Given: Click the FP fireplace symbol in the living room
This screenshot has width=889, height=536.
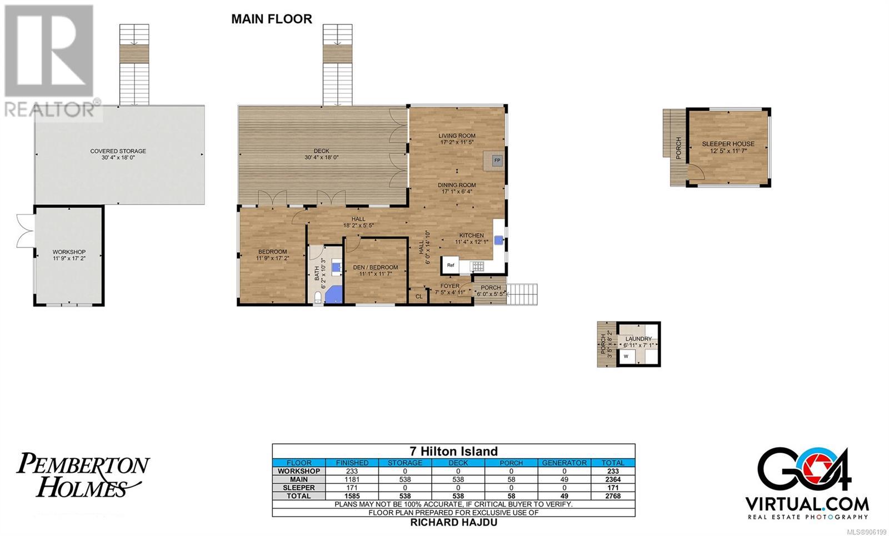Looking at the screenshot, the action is (497, 161).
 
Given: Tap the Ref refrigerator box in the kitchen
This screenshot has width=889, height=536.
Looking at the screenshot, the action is (451, 265).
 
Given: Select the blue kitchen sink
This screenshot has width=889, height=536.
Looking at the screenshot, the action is (498, 240).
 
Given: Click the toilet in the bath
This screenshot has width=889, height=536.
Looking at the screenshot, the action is (317, 298).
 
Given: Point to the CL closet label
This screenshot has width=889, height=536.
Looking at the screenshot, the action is (419, 297).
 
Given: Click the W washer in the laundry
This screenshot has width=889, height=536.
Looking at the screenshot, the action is (626, 356).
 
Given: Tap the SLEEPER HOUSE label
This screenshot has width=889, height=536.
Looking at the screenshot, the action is (728, 144).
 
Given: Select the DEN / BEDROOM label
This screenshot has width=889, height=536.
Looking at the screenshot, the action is (376, 267).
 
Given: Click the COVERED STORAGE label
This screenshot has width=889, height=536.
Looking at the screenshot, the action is (118, 151).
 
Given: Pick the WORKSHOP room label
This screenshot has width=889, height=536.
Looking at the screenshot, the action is (69, 252).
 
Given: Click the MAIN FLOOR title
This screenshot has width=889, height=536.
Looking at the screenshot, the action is (272, 19).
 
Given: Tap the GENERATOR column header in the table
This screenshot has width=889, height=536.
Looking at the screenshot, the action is (564, 463).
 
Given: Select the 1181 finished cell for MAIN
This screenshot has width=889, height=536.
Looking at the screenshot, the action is (352, 479).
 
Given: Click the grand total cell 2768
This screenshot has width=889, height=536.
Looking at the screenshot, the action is (613, 496).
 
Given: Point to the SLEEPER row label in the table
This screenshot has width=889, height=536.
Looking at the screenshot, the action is (299, 488).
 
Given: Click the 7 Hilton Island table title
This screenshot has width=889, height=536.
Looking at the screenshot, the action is (453, 451).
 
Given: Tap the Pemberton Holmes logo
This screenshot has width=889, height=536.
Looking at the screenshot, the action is (83, 475).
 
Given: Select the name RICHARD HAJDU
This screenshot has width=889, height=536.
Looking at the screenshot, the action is (453, 523).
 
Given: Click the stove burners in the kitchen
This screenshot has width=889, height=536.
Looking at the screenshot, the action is (477, 266).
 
